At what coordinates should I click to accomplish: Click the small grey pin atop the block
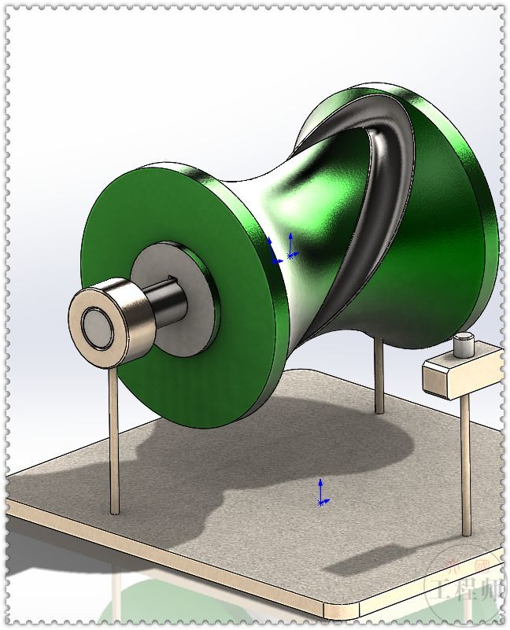point(463,344)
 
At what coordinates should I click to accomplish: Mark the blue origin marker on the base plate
point(321,493)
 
